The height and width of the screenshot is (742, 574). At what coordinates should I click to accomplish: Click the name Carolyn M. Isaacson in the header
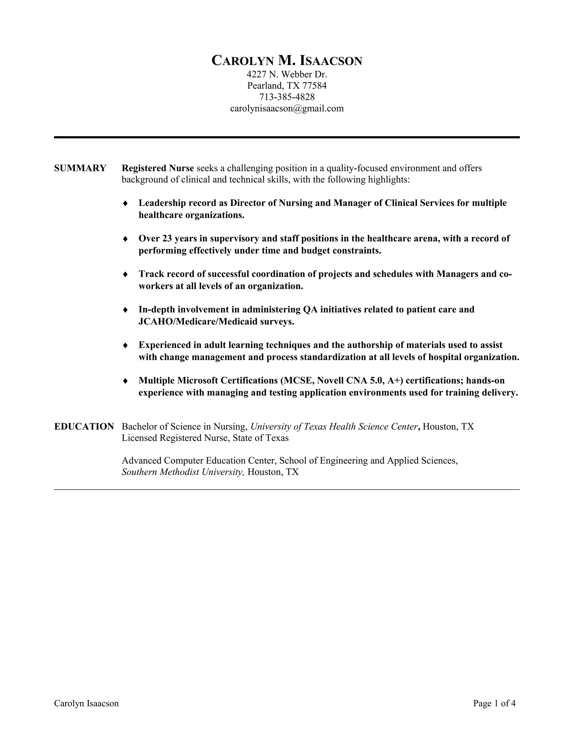pos(287,61)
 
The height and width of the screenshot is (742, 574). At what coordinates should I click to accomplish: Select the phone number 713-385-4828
pos(287,97)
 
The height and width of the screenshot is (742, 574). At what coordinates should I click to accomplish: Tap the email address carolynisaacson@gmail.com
pos(287,108)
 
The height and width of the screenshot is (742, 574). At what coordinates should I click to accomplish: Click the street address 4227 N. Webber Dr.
pos(287,74)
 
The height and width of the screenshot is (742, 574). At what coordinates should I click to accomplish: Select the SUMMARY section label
pos(80,168)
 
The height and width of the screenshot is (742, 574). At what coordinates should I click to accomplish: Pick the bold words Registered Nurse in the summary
pos(158,168)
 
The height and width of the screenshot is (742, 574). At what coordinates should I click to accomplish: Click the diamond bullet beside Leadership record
pos(125,203)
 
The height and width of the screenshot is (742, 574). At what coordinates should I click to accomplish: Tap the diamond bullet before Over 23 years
pos(125,239)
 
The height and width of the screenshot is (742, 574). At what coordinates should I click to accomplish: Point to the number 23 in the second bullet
pos(167,239)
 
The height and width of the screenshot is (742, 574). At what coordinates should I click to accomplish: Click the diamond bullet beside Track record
pos(125,274)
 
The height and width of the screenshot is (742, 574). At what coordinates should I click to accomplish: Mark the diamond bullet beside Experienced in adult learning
pos(125,345)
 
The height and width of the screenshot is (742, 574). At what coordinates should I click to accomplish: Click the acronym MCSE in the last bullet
pos(300,381)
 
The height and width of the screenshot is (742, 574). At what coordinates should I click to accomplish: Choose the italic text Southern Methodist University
pos(183,472)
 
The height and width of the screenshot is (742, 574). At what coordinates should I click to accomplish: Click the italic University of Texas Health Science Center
pos(334,426)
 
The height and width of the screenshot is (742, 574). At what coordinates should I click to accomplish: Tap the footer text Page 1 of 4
pos(494,703)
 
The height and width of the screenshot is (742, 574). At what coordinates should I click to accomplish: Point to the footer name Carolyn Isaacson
pos(86,703)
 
